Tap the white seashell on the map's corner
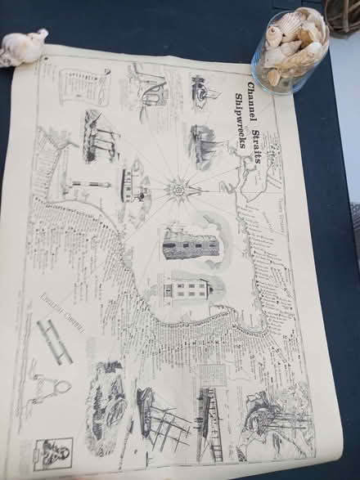(x=22, y=47)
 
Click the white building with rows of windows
(x=184, y=289)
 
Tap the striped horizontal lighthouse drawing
(x=88, y=185)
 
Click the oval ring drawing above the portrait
(x=51, y=384)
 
